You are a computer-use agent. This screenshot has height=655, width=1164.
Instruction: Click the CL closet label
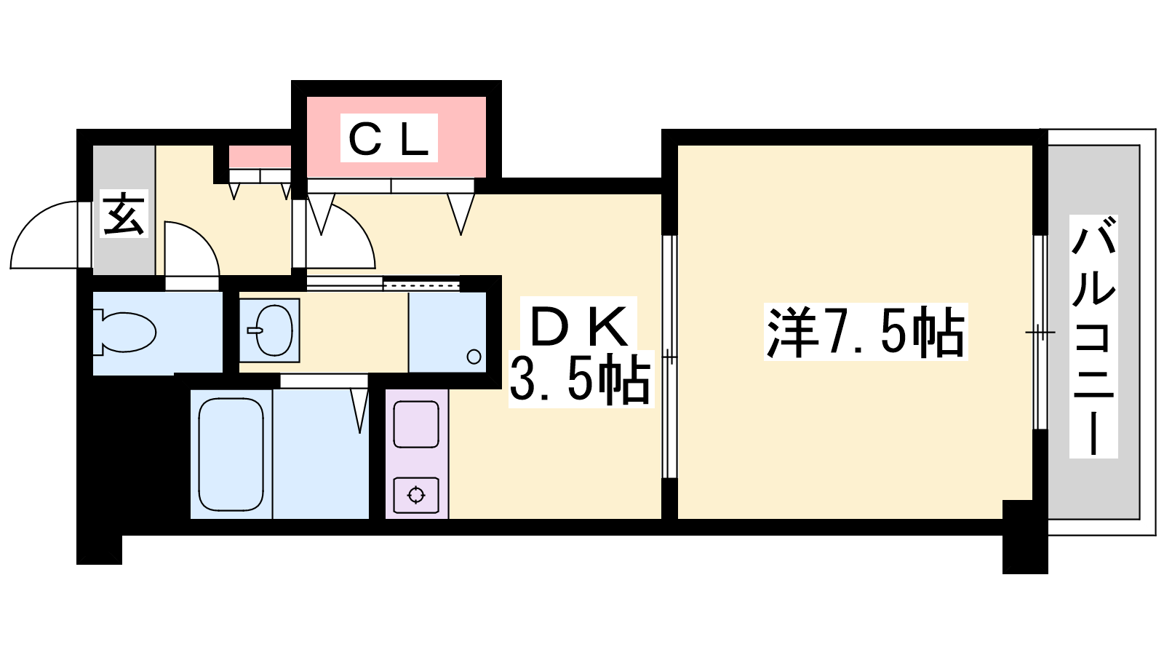(388, 138)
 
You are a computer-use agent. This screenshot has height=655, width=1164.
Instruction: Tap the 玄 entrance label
(124, 214)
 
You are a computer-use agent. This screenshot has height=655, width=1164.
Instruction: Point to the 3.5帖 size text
(580, 379)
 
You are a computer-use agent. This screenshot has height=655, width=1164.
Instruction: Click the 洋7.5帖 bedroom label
(865, 333)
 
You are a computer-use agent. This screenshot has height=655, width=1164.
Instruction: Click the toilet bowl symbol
(124, 333)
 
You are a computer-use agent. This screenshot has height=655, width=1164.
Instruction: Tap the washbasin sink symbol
(270, 330)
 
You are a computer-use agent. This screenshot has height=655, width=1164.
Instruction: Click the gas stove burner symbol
(416, 495)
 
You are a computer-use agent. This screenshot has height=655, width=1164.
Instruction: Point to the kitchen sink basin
(416, 424)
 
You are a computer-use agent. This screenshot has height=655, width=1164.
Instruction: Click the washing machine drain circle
(474, 357)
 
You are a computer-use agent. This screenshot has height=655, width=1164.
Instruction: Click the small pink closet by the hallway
(260, 157)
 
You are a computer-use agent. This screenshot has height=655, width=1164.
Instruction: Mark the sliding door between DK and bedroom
(669, 357)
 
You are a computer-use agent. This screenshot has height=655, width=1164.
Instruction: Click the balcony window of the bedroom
(1040, 332)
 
